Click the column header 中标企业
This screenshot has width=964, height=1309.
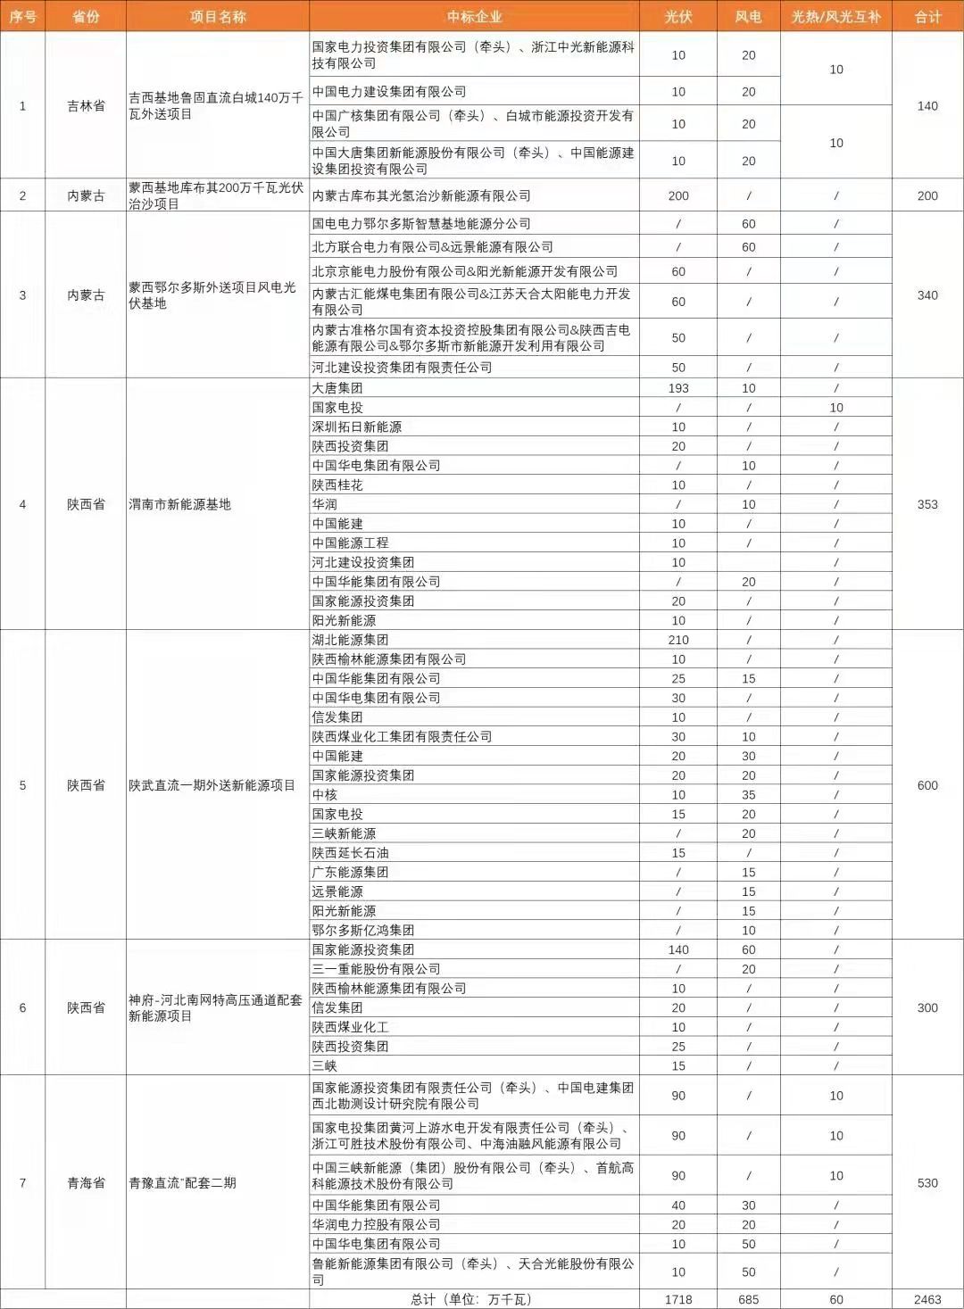474,17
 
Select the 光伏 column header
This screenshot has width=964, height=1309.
677,17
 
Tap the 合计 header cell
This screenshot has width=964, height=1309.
927,17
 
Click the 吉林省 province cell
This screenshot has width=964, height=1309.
86,106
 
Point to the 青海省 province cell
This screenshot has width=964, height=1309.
86,1183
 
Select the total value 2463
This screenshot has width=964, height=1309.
927,1299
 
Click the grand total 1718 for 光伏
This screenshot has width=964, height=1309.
677,1299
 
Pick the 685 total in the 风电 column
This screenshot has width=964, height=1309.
748,1299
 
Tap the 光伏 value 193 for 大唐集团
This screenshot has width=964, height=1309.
677,388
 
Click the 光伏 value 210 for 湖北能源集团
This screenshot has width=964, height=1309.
677,640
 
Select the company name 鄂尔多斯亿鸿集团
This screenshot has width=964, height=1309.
362,930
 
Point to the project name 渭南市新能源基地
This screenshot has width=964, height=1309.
180,504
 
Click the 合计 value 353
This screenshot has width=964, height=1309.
927,504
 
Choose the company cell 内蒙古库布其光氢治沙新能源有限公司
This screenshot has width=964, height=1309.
421,195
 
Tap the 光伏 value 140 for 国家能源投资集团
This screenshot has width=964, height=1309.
677,949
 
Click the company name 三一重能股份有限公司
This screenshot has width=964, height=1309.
376,969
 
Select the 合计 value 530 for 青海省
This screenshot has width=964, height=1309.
927,1183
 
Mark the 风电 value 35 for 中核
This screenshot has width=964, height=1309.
748,795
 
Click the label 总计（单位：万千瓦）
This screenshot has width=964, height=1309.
473,1299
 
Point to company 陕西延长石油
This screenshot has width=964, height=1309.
350,853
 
